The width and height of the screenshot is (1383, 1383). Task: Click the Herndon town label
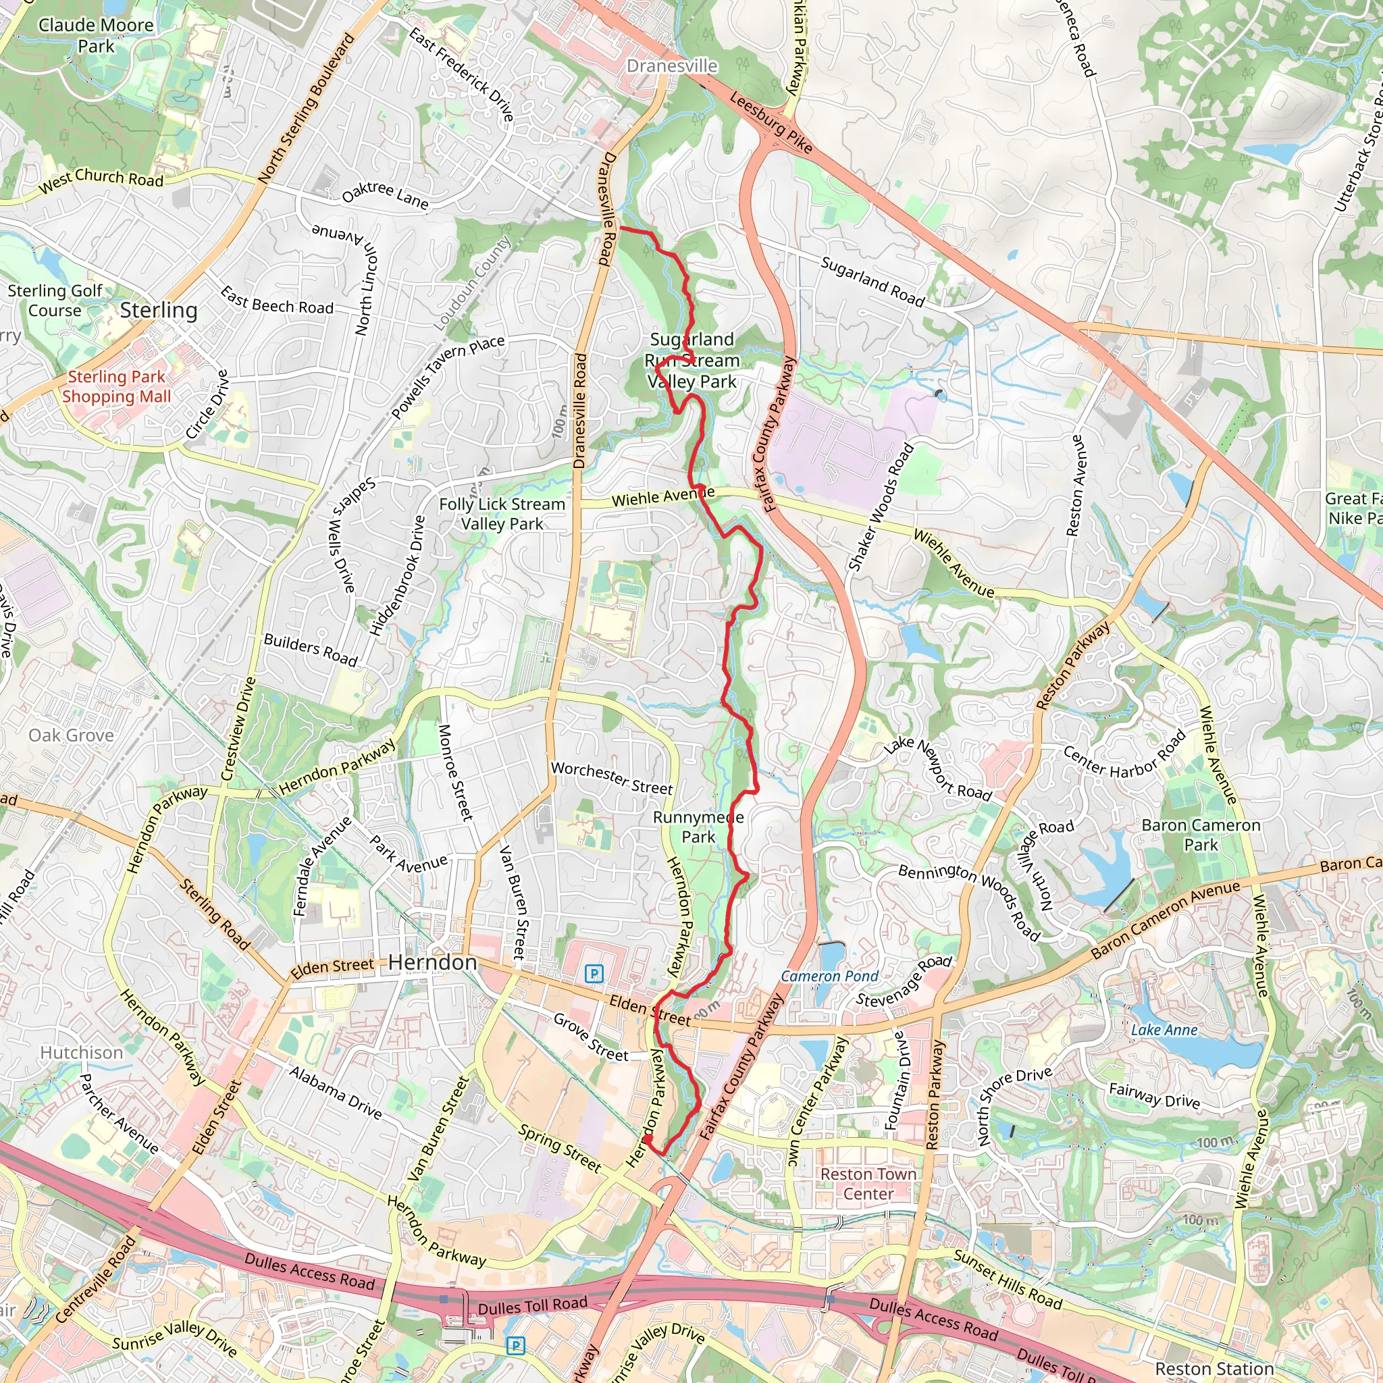(432, 963)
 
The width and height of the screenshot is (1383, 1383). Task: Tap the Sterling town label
(158, 310)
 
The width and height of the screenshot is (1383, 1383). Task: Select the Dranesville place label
(671, 66)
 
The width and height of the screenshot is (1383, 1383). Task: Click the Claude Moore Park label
(96, 36)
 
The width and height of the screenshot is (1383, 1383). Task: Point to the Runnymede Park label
(698, 827)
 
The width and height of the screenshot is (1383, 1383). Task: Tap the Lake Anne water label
(1164, 1030)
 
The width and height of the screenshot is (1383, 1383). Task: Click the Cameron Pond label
(830, 976)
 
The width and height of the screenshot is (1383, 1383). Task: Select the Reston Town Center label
(868, 1184)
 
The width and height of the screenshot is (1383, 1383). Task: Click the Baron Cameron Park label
(1201, 835)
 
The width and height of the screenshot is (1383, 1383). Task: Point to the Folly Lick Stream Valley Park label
(502, 514)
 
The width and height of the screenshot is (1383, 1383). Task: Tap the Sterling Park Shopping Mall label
(116, 386)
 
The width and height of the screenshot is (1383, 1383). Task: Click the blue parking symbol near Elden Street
(594, 974)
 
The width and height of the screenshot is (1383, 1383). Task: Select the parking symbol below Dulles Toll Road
(515, 1346)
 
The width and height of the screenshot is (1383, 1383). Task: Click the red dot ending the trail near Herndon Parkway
(646, 1139)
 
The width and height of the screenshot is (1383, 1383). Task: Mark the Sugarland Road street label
(872, 282)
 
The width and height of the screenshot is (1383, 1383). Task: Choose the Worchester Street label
(611, 778)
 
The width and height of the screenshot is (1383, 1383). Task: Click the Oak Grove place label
(71, 735)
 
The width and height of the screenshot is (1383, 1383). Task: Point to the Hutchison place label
(82, 1052)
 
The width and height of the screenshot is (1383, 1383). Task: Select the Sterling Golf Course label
(55, 301)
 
